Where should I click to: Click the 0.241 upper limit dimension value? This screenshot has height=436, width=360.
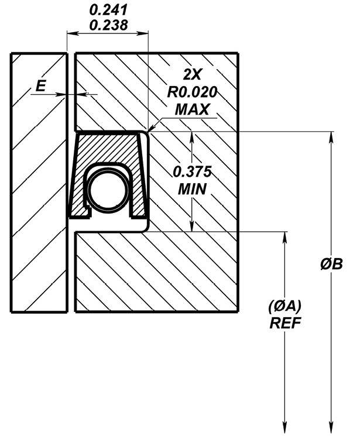108,10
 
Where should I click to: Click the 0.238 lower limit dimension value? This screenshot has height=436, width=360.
108,25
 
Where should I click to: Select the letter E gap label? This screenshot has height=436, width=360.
41,86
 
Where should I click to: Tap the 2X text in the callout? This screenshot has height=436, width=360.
192,74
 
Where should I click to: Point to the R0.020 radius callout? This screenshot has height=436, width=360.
191,92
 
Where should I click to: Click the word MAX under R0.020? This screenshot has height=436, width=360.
191,109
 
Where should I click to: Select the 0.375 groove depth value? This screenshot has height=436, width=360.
192,171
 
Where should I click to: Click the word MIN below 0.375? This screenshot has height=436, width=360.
192,189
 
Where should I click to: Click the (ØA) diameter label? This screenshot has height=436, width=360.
285,306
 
